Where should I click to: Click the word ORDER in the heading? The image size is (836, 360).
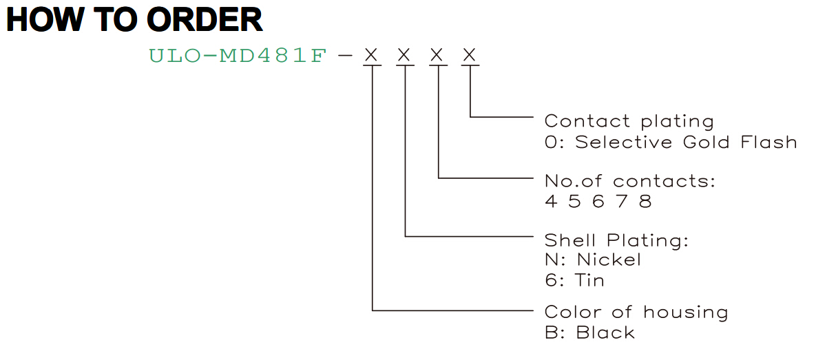(205, 19)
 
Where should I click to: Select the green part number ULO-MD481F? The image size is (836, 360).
(238, 56)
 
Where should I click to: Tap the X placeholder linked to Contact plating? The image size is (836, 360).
(469, 55)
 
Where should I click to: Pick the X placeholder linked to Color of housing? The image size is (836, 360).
(371, 55)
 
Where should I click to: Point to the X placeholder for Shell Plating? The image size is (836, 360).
(404, 55)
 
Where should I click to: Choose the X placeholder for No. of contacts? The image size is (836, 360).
(437, 55)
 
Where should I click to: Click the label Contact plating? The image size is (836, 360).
(629, 122)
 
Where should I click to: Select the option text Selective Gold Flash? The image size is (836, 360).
(686, 142)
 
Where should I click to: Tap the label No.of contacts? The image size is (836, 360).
(630, 181)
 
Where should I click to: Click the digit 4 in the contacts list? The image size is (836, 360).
(551, 202)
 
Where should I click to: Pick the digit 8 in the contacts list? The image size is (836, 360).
(645, 202)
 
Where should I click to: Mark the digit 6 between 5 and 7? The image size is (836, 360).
(598, 202)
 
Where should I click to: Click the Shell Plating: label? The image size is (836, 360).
(616, 240)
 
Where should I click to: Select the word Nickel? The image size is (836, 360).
(609, 260)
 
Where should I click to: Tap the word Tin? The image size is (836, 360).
(589, 280)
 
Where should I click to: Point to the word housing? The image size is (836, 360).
(686, 313)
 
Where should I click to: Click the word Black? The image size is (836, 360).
(605, 332)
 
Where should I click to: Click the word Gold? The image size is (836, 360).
(706, 142)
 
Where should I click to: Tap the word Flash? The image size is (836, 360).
(769, 142)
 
